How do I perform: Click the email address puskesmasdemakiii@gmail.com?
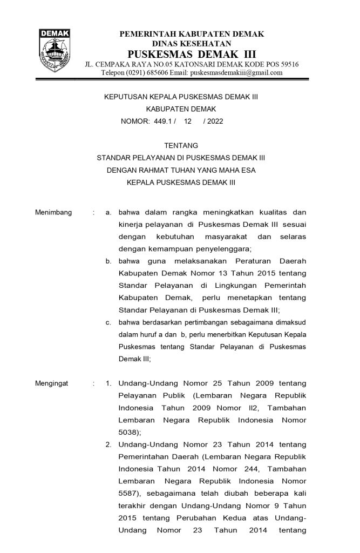tap(236, 73)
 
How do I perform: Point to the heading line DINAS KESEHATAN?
tap(192, 43)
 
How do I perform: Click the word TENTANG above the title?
tap(180, 145)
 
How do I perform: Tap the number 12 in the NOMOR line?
tap(188, 122)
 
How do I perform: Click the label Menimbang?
tap(53, 212)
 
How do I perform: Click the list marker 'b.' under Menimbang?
tap(108, 261)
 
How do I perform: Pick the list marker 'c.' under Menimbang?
tap(108, 322)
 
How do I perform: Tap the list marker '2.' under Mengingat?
tap(108, 444)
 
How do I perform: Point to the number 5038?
tap(129, 432)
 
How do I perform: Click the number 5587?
tap(129, 493)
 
